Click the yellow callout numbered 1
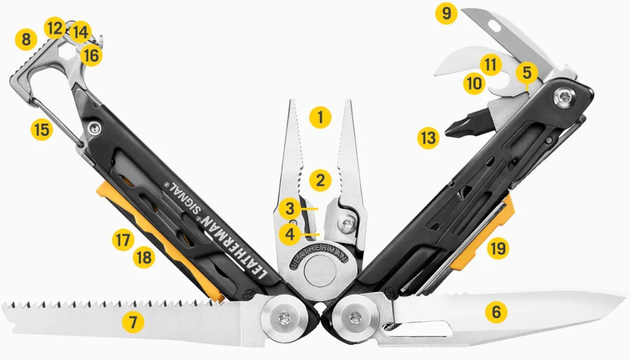point(320,118)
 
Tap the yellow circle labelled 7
point(133,322)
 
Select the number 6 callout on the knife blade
point(496,312)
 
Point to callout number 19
point(498,248)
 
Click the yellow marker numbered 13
point(428,138)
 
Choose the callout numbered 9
point(447,14)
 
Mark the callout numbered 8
point(26,39)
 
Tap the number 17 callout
point(123,240)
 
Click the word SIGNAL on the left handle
point(185,199)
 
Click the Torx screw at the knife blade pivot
point(354,318)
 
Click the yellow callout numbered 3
point(290,209)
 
